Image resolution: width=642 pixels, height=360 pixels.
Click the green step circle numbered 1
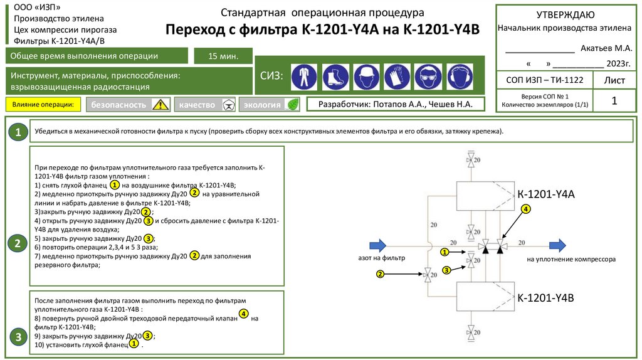[x=19, y=132]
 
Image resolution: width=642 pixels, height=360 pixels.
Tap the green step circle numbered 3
[x=19, y=337]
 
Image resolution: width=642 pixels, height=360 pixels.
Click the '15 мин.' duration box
[x=223, y=56]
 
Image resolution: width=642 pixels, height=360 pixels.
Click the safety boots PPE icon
[x=335, y=77]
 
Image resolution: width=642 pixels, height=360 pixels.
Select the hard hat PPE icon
[x=366, y=77]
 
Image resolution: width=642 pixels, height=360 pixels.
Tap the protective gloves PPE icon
[x=397, y=77]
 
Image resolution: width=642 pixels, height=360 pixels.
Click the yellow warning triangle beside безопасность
[x=161, y=105]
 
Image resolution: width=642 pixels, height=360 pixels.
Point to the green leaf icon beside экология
[x=292, y=105]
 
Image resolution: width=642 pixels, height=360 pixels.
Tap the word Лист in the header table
[x=614, y=80]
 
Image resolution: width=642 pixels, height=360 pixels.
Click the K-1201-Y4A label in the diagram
[x=545, y=194]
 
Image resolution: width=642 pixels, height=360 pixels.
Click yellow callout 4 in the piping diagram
[x=525, y=209]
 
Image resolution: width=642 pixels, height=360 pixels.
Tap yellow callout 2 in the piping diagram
[x=380, y=273]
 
